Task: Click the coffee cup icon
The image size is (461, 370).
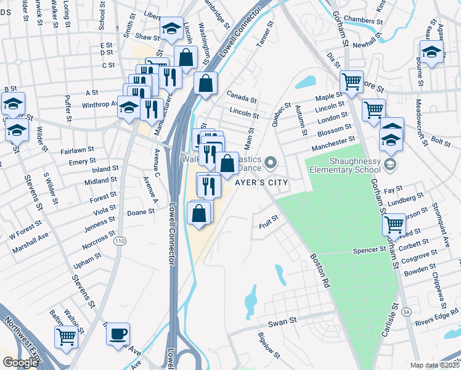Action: (118, 334)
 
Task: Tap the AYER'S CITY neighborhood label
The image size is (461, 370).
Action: (260, 183)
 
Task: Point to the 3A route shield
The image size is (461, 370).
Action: (406, 313)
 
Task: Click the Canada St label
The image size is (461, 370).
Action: (241, 96)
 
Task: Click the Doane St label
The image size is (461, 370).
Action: (141, 211)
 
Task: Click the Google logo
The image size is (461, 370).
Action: (20, 363)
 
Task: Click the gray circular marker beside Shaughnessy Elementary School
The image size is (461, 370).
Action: (390, 164)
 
